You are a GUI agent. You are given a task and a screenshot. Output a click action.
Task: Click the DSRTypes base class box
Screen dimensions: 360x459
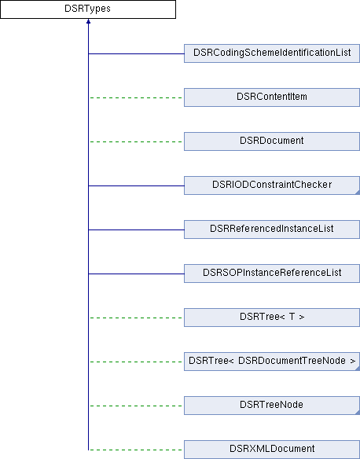(x=88, y=9)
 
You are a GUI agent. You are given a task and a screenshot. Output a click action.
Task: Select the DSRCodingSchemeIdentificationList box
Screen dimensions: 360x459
(x=272, y=53)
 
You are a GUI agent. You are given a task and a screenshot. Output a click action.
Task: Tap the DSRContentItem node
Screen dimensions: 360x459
(x=272, y=97)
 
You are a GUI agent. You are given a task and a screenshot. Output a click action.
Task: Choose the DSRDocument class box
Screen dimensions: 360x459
(x=272, y=141)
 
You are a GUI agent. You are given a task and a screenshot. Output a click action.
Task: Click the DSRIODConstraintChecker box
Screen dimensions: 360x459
(x=272, y=185)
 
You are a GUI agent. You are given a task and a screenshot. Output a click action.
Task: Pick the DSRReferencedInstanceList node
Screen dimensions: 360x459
(x=272, y=229)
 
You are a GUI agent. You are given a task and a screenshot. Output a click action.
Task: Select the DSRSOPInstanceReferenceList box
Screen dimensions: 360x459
(x=272, y=274)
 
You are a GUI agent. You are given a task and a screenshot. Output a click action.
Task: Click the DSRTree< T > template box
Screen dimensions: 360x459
(x=272, y=318)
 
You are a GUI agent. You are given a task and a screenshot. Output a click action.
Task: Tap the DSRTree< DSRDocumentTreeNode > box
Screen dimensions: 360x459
(x=272, y=362)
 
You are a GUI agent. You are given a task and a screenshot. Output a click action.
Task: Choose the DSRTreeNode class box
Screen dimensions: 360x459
(x=272, y=406)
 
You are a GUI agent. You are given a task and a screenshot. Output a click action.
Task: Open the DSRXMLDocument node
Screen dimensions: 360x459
(x=272, y=450)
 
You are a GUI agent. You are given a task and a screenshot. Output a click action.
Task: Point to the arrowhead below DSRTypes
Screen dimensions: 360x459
(x=88, y=21)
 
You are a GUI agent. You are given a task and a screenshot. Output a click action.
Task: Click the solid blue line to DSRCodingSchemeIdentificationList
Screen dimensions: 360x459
(x=136, y=54)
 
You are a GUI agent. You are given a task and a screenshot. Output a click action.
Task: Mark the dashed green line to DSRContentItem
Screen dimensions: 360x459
(x=136, y=97)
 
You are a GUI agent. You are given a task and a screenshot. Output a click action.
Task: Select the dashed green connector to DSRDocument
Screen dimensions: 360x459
(x=136, y=142)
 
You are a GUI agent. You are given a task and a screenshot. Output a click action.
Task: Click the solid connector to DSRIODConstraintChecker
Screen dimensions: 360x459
(x=136, y=186)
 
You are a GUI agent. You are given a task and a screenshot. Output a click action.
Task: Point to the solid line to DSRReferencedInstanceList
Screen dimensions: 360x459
(x=136, y=229)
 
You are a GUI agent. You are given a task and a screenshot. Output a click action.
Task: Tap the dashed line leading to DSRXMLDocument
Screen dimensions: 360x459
(x=136, y=450)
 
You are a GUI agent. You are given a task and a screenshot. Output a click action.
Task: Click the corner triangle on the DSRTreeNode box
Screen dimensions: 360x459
(x=358, y=413)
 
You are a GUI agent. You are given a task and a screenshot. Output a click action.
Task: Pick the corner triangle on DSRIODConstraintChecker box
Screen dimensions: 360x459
(x=358, y=193)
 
